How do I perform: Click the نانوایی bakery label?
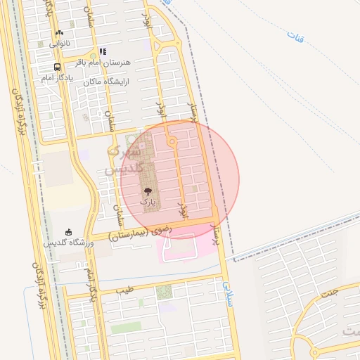[x=60, y=43]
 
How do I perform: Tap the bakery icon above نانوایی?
[x=59, y=33]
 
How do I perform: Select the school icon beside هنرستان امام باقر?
[x=103, y=51]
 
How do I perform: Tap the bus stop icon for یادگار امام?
[x=56, y=67]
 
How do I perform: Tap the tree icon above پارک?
[x=148, y=191]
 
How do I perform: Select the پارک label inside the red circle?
[x=148, y=201]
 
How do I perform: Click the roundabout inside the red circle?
[x=172, y=143]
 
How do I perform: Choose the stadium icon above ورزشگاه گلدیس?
[x=68, y=232]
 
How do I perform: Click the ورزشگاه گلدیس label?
[x=69, y=243]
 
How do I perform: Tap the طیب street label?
[x=124, y=289]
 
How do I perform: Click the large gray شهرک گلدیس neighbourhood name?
[x=127, y=160]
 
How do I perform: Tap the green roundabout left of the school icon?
[x=92, y=56]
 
